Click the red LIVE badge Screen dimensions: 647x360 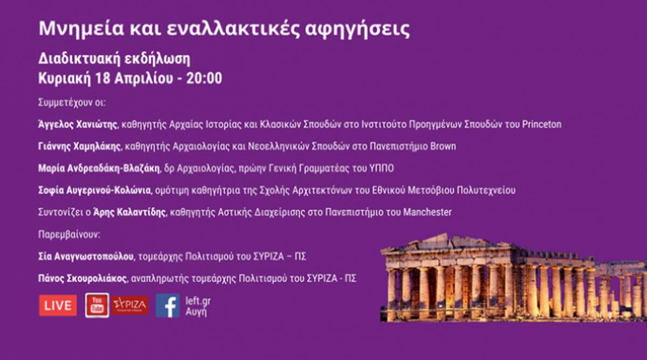pyautogui.click(x=58, y=306)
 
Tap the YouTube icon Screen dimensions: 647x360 pyautogui.click(x=98, y=306)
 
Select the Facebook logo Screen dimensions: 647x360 pyautogui.click(x=168, y=306)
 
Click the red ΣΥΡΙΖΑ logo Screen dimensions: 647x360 pyautogui.click(x=130, y=305)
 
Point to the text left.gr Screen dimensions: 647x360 pyautogui.click(x=198, y=301)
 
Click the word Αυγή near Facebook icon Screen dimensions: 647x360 pyautogui.click(x=196, y=313)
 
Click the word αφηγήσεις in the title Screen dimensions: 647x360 pyautogui.click(x=357, y=29)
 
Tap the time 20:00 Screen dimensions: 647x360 pyautogui.click(x=204, y=78)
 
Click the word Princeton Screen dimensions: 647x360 pyautogui.click(x=542, y=124)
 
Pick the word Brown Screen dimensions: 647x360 pyautogui.click(x=443, y=147)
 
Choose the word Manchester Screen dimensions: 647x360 pyautogui.click(x=427, y=212)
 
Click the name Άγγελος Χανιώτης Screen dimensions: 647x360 pyautogui.click(x=78, y=124)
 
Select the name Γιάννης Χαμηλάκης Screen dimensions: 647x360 pyautogui.click(x=79, y=147)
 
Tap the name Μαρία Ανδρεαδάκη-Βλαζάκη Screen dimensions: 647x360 pyautogui.click(x=99, y=168)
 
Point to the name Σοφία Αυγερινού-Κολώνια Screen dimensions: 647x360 pyautogui.click(x=94, y=190)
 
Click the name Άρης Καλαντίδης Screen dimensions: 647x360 pyautogui.click(x=129, y=212)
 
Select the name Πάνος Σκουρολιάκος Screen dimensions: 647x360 pyautogui.click(x=82, y=278)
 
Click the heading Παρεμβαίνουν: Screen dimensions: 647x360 pyautogui.click(x=69, y=234)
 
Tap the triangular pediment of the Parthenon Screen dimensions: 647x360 pyautogui.click(x=451, y=243)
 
